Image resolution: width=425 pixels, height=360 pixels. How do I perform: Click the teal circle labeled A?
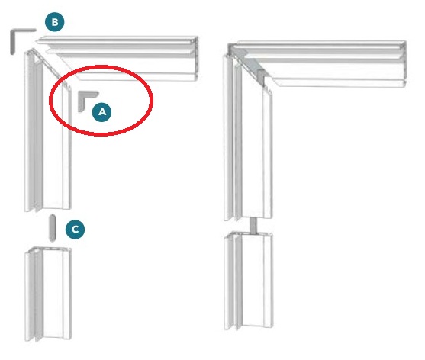click(x=102, y=112)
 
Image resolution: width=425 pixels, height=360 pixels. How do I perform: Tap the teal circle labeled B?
click(x=55, y=22)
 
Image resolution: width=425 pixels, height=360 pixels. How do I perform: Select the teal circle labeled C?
click(x=75, y=229)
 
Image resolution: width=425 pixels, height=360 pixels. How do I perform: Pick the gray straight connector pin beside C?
click(x=53, y=227)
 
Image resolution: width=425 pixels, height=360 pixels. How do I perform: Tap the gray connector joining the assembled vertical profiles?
click(x=253, y=226)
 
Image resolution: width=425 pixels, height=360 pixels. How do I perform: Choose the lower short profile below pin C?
click(x=48, y=294)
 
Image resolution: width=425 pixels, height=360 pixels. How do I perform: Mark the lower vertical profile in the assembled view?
click(x=248, y=281)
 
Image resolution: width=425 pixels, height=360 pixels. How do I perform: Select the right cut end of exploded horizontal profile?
click(x=198, y=58)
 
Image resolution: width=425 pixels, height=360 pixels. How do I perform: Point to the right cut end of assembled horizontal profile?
click(x=405, y=63)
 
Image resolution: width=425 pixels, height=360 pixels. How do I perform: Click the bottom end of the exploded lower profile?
click(x=48, y=339)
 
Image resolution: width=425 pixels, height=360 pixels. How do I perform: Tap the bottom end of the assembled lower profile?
click(x=248, y=327)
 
